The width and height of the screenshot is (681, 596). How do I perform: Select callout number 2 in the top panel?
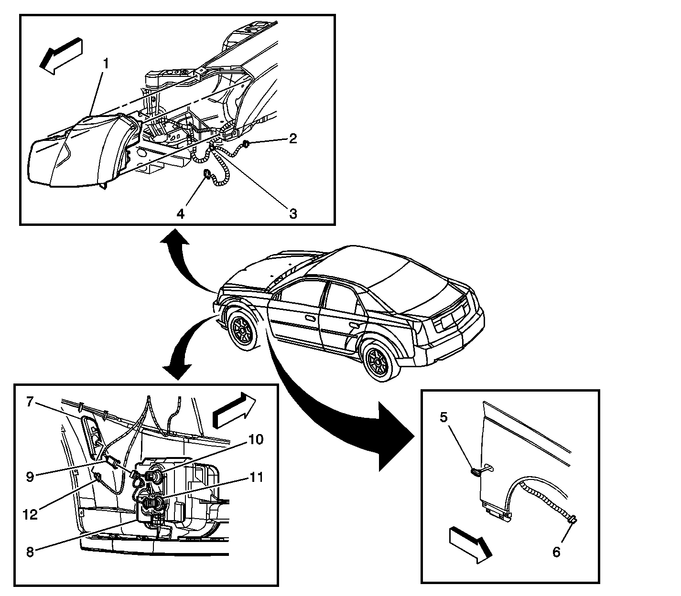pyautogui.click(x=293, y=138)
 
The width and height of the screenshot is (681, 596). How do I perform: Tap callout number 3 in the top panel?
pyautogui.click(x=293, y=213)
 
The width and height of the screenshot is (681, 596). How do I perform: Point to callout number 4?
pyautogui.click(x=180, y=213)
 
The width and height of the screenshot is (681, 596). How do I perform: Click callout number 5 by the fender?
pyautogui.click(x=443, y=417)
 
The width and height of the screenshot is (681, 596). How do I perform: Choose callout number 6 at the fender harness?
pyautogui.click(x=556, y=553)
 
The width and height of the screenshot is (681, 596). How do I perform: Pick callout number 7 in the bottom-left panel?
pyautogui.click(x=30, y=402)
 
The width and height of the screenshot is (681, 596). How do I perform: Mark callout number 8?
pyautogui.click(x=30, y=552)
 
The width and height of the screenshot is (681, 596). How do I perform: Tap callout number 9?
pyautogui.click(x=30, y=477)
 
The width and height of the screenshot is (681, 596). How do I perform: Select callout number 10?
pyautogui.click(x=256, y=439)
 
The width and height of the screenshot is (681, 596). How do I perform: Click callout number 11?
pyautogui.click(x=256, y=477)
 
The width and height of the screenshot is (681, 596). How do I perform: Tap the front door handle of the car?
pyautogui.click(x=309, y=318)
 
